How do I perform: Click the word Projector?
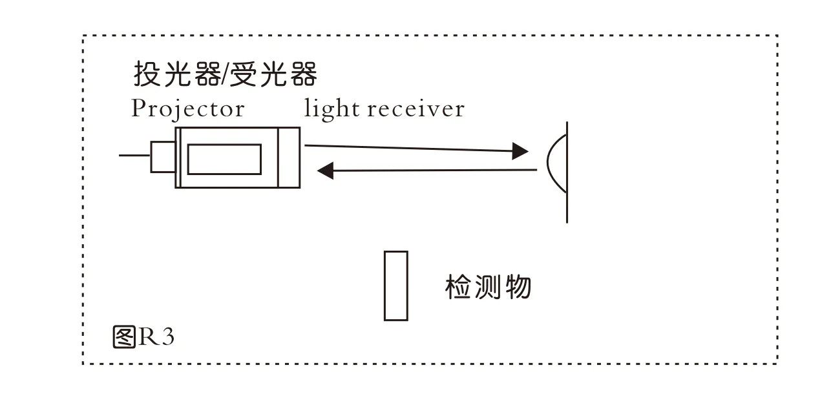tap(187, 109)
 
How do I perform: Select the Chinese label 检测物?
tap(488, 287)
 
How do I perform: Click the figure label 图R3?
tap(143, 337)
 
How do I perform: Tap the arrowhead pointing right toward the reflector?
tap(520, 151)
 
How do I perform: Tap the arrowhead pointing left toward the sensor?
tap(326, 171)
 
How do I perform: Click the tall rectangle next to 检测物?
tap(396, 286)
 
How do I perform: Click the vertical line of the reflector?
tap(567, 207)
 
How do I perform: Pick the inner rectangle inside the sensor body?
tap(224, 159)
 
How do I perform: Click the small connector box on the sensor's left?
tap(162, 157)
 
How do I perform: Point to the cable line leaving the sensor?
tap(134, 156)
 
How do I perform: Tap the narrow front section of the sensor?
tap(289, 157)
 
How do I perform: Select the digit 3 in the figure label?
tap(168, 337)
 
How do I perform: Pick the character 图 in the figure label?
tap(123, 337)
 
